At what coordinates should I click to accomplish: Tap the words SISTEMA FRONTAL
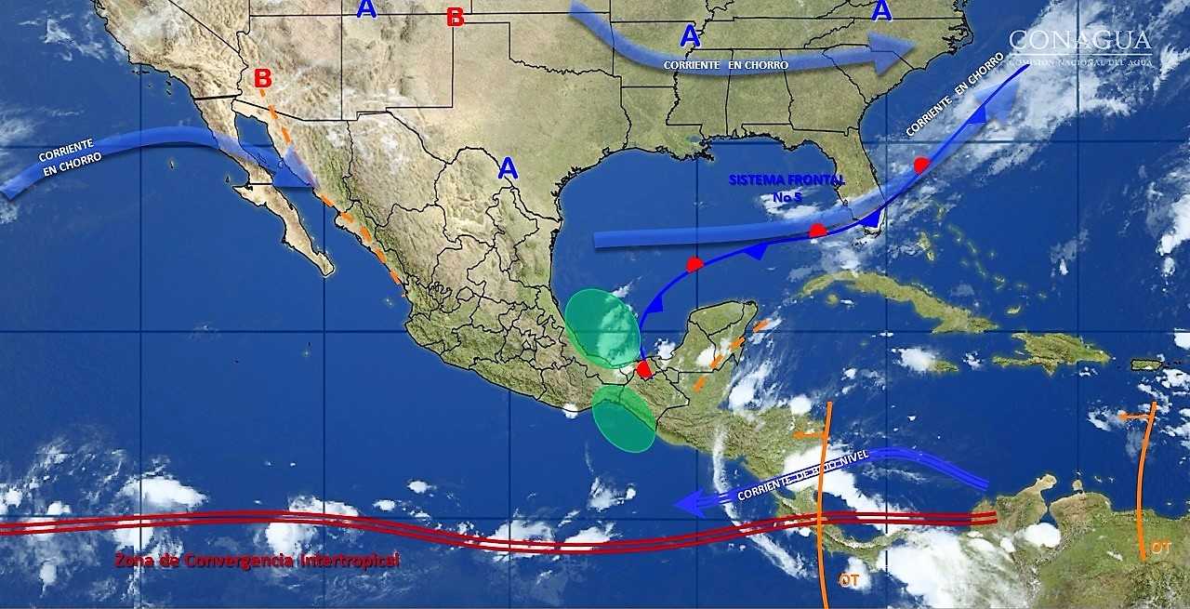pyautogui.click(x=787, y=179)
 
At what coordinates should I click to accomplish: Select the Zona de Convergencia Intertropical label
pyautogui.click(x=257, y=561)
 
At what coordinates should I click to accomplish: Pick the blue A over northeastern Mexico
pyautogui.click(x=508, y=168)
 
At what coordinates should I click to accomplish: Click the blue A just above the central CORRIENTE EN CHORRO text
pyautogui.click(x=689, y=37)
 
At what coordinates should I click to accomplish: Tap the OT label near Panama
pyautogui.click(x=849, y=579)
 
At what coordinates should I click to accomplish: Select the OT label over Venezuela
pyautogui.click(x=1160, y=548)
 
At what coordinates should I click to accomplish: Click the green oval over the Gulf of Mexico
pyautogui.click(x=602, y=328)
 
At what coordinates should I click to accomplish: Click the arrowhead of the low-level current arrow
pyautogui.click(x=686, y=504)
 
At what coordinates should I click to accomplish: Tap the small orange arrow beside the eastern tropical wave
pyautogui.click(x=1134, y=417)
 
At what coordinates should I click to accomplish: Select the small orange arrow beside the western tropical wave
pyautogui.click(x=809, y=434)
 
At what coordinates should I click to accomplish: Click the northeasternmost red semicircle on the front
pyautogui.click(x=921, y=165)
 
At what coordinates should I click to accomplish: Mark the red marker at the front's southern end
pyautogui.click(x=644, y=369)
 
